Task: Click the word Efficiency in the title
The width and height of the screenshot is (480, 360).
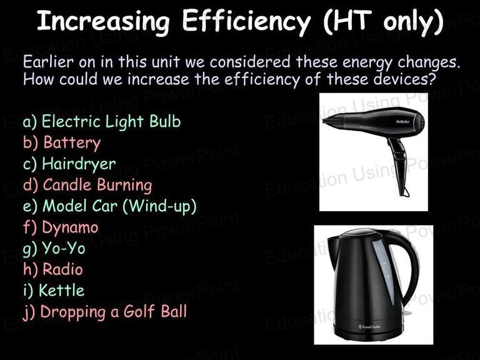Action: [246, 21]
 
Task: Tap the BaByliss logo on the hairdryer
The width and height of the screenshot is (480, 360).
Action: [402, 122]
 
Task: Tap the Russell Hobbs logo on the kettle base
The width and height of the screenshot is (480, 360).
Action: [369, 327]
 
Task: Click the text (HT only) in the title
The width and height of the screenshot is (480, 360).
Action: [383, 21]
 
